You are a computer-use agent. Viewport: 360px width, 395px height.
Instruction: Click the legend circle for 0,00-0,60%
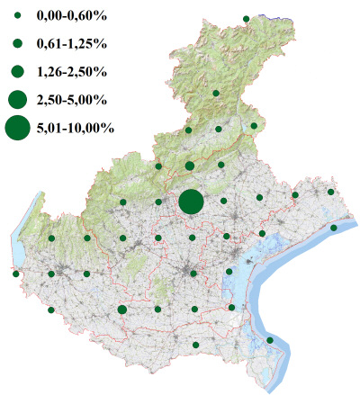coord(17,18)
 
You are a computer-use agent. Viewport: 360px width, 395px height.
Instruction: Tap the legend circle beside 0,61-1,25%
coord(17,43)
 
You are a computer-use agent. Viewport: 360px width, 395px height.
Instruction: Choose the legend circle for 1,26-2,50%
coord(17,70)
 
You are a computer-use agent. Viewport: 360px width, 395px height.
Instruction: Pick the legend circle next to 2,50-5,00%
coord(17,98)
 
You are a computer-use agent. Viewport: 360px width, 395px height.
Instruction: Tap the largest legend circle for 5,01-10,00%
coord(17,128)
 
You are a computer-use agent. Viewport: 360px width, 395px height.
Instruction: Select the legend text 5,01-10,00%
coord(76,128)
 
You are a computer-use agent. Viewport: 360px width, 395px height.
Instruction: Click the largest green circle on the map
coord(191,202)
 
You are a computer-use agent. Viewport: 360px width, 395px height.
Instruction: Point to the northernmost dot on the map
coord(246,17)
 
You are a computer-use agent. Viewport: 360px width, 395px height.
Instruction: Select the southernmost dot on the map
coord(195,346)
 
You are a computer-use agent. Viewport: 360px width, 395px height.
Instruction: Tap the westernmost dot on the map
coord(16,274)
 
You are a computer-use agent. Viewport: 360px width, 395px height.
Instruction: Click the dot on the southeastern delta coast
coord(270,340)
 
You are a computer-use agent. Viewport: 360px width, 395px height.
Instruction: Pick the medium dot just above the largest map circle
coord(189,166)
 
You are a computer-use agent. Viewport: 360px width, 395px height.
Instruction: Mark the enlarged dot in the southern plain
coord(122,310)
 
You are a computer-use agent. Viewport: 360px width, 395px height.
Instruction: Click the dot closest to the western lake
coord(52,238)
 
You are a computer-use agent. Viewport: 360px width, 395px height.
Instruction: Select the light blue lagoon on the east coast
coord(245,270)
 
